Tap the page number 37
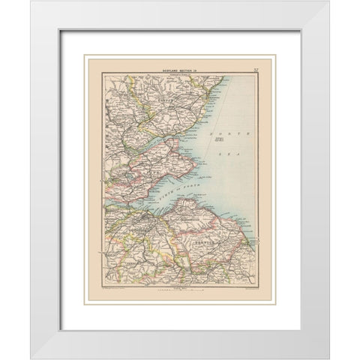pos(256,70)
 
